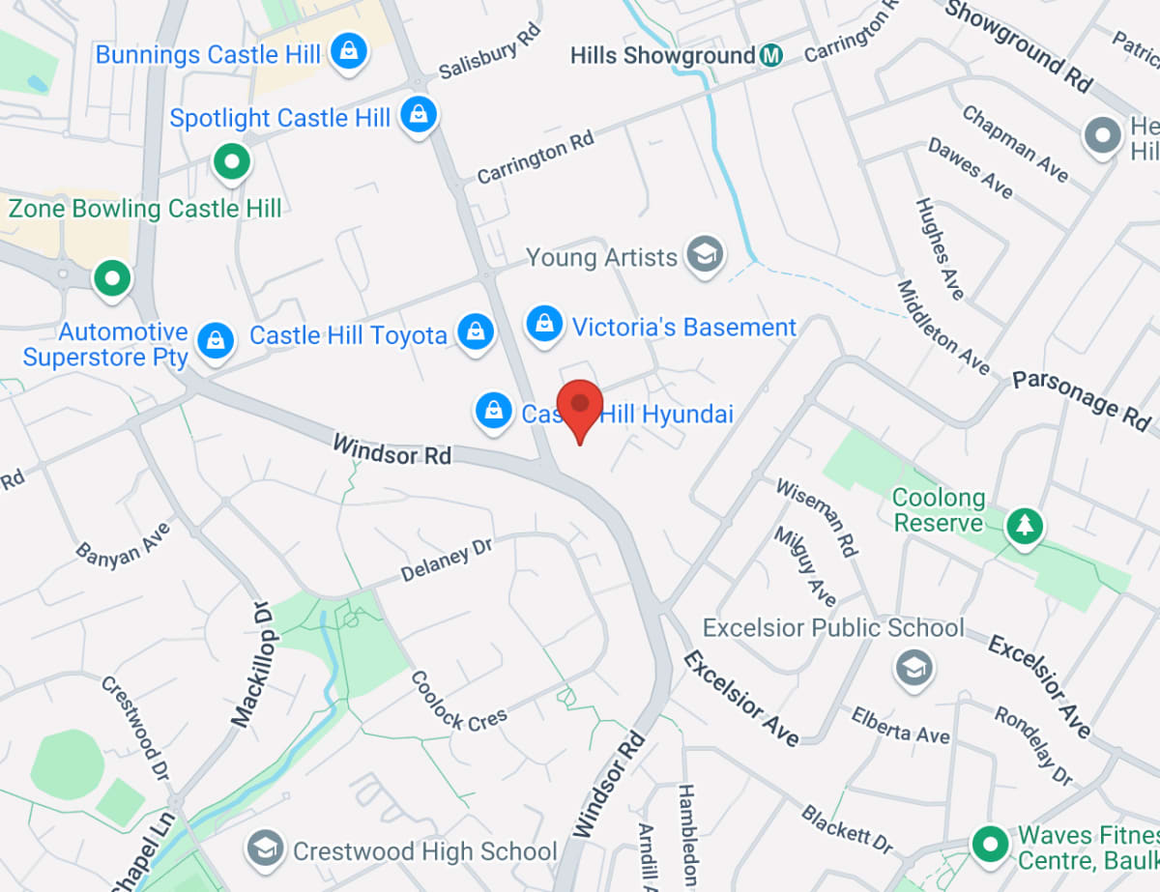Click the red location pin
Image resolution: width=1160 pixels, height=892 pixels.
coord(580,407)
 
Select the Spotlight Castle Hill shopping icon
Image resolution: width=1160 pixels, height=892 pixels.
coord(419,115)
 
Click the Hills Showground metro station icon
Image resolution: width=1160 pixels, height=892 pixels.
coord(770,55)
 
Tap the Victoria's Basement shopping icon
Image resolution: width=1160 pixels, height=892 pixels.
coord(545,325)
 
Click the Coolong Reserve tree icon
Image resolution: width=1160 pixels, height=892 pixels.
coord(1023,527)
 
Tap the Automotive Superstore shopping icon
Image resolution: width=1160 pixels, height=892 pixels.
coord(215,340)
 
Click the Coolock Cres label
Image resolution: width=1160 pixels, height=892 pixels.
coord(458,702)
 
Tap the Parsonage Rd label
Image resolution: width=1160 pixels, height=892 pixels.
coord(1082,396)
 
